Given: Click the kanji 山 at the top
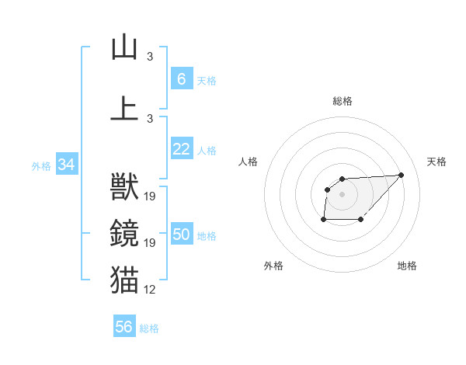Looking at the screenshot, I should point(124,47).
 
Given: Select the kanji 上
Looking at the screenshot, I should point(124,108).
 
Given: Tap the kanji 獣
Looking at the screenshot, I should point(124,186).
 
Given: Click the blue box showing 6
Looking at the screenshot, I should point(181,79).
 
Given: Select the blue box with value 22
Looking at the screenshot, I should point(181,149).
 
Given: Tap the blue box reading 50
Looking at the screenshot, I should point(181,235).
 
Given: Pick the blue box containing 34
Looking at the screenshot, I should point(66,165).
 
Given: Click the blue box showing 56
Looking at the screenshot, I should point(124,327).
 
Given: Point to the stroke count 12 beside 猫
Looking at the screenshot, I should point(150,290).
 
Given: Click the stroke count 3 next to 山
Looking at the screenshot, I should point(150,57).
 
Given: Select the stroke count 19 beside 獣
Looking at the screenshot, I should point(150,196).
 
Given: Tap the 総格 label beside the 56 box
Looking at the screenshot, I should point(149,328).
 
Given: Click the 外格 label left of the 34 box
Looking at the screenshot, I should point(41,165).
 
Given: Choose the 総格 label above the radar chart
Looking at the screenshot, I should point(342,101).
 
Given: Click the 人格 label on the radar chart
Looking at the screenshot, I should point(249,162).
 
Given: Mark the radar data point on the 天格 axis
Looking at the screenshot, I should point(401,175).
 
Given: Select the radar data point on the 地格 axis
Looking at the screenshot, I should point(362,220).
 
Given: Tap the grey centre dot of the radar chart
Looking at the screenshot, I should point(342,193).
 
